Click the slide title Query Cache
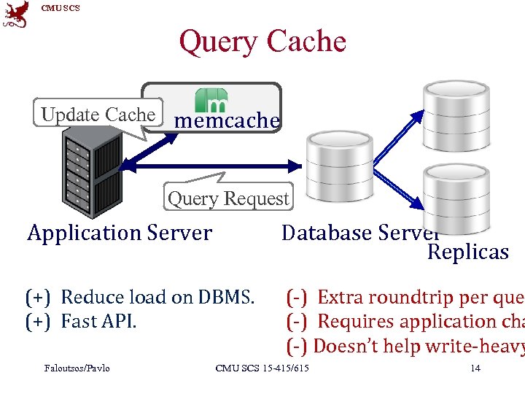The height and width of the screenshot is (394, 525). click(x=262, y=42)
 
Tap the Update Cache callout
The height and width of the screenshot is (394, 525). click(x=98, y=115)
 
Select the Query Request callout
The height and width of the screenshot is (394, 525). click(x=228, y=198)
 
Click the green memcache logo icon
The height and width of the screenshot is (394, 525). click(x=211, y=100)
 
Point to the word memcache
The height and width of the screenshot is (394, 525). click(x=227, y=120)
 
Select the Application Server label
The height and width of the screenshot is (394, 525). click(x=120, y=233)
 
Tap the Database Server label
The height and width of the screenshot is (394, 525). click(x=360, y=233)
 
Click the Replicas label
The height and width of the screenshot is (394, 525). click(x=467, y=252)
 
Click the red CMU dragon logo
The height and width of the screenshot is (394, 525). click(x=16, y=14)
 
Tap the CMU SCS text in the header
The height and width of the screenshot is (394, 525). click(x=61, y=8)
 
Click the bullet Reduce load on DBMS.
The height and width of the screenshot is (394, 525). click(x=140, y=297)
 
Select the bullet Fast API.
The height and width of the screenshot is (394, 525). click(x=81, y=321)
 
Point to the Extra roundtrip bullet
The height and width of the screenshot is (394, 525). click(x=405, y=297)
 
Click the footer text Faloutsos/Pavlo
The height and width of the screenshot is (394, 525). click(x=77, y=368)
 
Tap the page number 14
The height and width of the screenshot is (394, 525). click(x=475, y=368)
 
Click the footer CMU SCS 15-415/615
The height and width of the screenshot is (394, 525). click(x=262, y=368)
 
